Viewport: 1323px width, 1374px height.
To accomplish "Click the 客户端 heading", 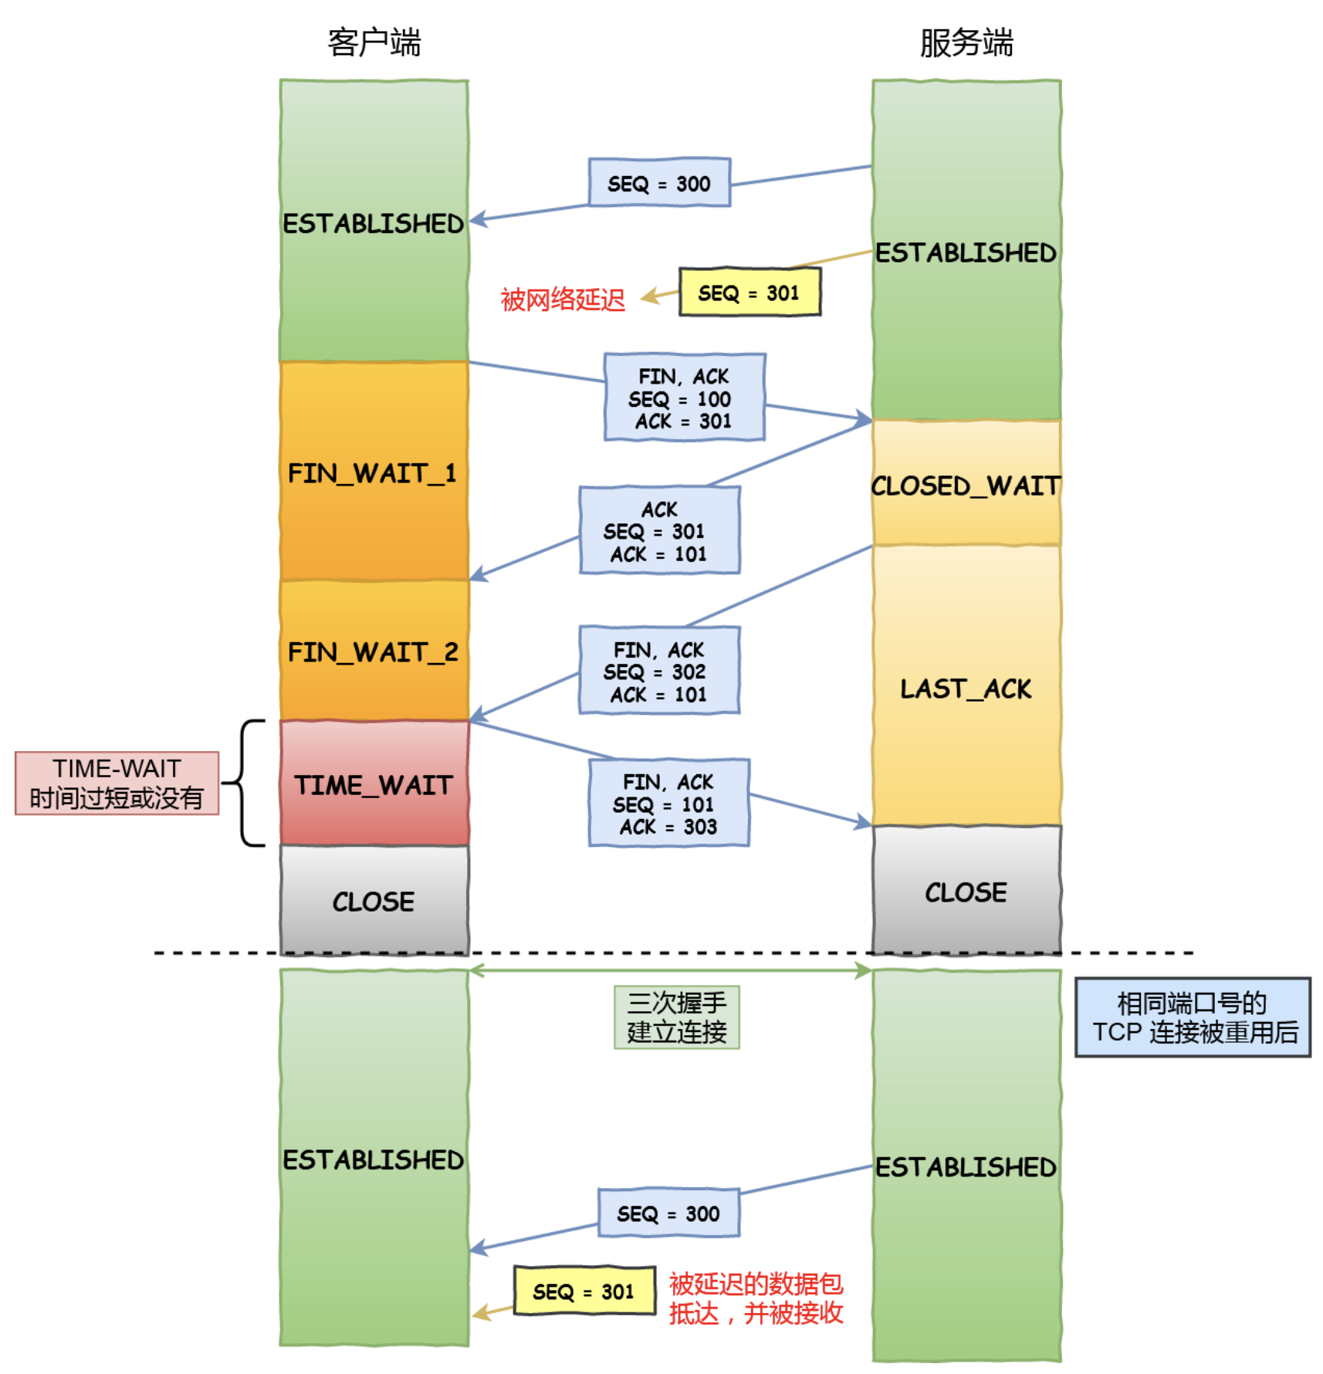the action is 374,42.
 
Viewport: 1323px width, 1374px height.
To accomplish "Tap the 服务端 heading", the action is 966,42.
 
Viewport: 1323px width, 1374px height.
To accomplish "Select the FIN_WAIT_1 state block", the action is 374,471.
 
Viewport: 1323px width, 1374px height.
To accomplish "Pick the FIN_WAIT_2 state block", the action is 374,651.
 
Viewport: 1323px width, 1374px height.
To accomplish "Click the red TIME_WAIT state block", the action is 374,783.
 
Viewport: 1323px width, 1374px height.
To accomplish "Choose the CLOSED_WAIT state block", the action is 966,483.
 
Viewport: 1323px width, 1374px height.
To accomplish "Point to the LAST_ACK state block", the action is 966,686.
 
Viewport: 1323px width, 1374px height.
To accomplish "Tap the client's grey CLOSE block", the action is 374,900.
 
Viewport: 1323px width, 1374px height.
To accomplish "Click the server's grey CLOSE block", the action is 966,890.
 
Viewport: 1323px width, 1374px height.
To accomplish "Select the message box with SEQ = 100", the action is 685,398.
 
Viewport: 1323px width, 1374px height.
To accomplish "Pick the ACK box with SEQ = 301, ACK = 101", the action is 660,530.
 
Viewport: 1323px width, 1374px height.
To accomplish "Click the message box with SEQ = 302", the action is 660,670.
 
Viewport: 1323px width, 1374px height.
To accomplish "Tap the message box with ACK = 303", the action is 669,803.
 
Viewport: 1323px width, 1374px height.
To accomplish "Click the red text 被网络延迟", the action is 563,299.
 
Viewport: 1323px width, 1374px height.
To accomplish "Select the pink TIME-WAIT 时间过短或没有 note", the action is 117,783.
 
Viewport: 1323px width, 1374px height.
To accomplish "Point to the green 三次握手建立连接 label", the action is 677,1017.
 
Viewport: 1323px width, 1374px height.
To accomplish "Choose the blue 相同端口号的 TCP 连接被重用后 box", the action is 1193,1017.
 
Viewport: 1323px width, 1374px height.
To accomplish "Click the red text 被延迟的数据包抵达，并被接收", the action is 756,1298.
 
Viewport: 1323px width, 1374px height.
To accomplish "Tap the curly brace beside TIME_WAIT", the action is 243,783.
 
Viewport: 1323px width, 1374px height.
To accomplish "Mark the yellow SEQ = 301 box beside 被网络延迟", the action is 749,292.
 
